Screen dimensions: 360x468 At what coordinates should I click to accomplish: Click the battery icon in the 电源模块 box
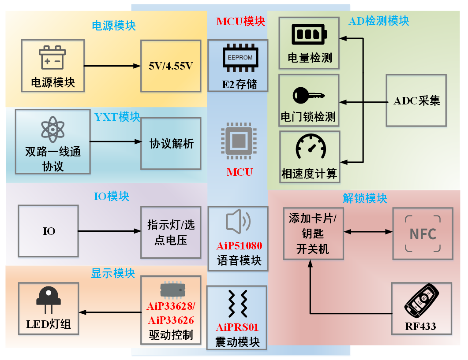52,58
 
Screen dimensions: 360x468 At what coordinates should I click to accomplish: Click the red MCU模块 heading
241,21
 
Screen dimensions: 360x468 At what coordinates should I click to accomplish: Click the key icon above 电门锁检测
309,94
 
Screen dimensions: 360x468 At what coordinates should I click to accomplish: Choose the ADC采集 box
416,101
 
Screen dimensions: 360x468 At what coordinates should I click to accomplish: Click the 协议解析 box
171,144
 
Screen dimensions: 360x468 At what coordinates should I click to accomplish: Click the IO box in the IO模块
49,231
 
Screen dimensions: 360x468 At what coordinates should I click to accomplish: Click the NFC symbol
423,233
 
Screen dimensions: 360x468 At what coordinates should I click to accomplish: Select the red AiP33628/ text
170,306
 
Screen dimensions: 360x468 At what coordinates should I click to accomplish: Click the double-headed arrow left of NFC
368,232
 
